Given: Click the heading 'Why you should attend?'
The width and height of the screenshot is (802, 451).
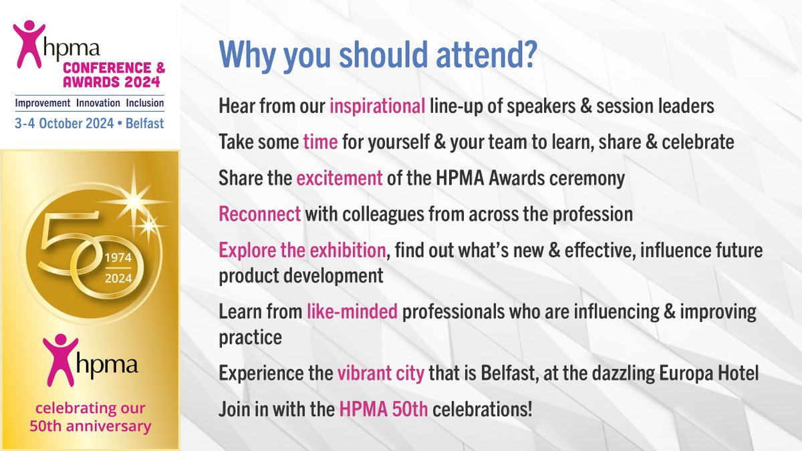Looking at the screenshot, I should [378, 56].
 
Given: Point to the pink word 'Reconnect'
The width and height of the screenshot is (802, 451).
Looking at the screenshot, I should [259, 214].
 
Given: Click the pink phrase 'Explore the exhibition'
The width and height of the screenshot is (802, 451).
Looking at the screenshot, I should [303, 251].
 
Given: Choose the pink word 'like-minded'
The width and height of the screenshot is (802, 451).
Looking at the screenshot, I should [352, 311].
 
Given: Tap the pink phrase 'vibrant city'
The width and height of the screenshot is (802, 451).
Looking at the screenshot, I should [381, 373].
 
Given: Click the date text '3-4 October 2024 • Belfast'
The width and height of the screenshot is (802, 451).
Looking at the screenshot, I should [89, 124].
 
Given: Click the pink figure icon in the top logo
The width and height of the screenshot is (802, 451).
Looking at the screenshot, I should [29, 43].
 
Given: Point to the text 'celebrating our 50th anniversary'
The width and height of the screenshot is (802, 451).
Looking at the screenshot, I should [89, 416].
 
